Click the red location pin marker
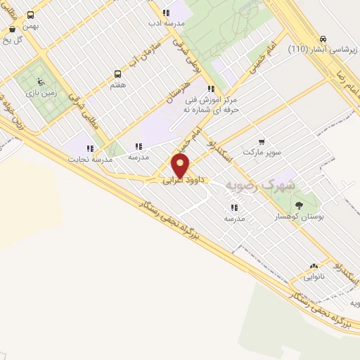pos(181,166)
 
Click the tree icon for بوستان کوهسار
pos(300,206)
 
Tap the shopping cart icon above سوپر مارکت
pos(262,141)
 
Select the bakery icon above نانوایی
pos(314,266)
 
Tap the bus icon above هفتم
pos(117,74)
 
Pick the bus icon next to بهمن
pos(30,14)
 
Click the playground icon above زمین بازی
pos(40,81)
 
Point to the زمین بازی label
pos(40,92)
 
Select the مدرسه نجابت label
pos(89,159)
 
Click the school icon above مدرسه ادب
pos(166,13)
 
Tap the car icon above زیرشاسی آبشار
pos(323,39)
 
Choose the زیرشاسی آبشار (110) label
pos(316,50)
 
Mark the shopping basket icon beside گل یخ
pos(13,30)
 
